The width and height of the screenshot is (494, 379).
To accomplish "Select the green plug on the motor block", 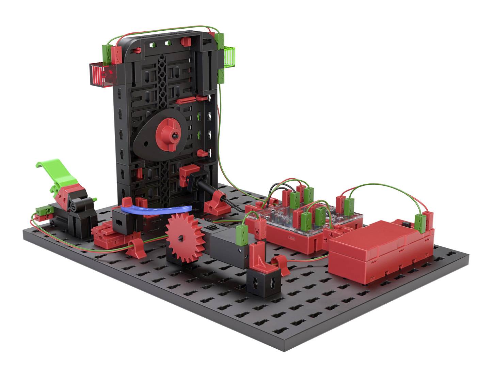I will (242, 232).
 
